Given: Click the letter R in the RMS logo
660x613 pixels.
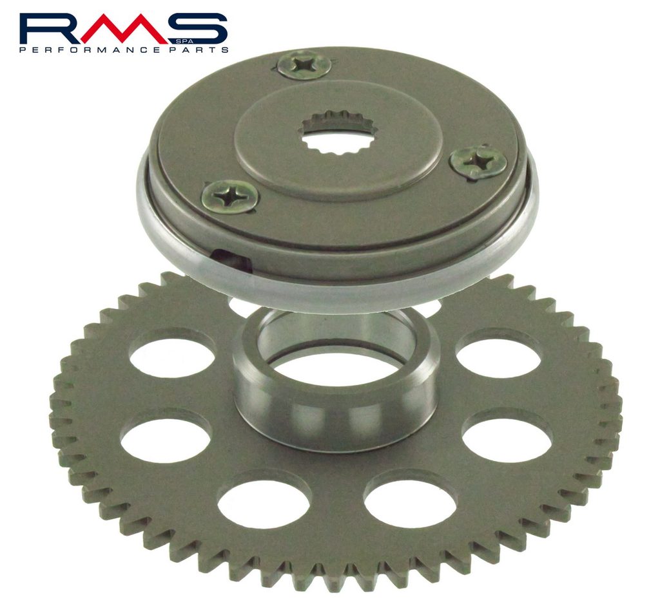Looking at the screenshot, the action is (49, 28).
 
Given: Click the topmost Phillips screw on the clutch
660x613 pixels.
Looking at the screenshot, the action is (304, 65).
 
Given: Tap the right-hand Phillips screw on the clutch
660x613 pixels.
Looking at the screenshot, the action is (478, 162).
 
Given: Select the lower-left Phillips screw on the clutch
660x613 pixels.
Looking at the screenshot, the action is (230, 197).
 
